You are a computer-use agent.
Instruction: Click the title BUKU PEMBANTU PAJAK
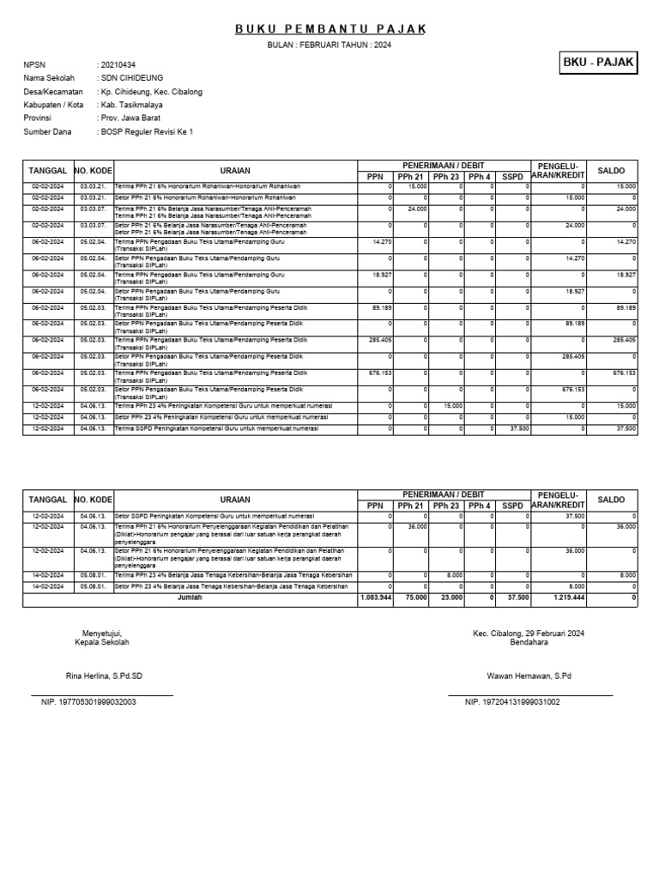pos(330,29)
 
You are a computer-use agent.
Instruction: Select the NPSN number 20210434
pos(118,65)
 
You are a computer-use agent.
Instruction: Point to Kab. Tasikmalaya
pos(131,105)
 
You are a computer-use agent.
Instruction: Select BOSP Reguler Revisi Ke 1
pos(147,131)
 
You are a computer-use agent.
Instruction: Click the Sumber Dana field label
pos(49,131)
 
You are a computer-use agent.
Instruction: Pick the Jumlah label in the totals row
pos(190,597)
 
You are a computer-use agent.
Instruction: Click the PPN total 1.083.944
pos(376,597)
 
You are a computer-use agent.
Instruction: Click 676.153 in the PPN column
pos(378,373)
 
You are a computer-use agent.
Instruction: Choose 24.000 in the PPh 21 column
pos(417,209)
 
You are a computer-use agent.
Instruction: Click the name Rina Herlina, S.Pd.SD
pos(104,676)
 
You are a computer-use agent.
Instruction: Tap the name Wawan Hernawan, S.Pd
pos(529,676)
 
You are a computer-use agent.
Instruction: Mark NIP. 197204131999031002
pos(512,702)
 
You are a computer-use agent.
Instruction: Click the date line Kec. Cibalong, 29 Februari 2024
pos(529,633)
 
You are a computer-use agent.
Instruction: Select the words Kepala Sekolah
pos(102,642)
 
